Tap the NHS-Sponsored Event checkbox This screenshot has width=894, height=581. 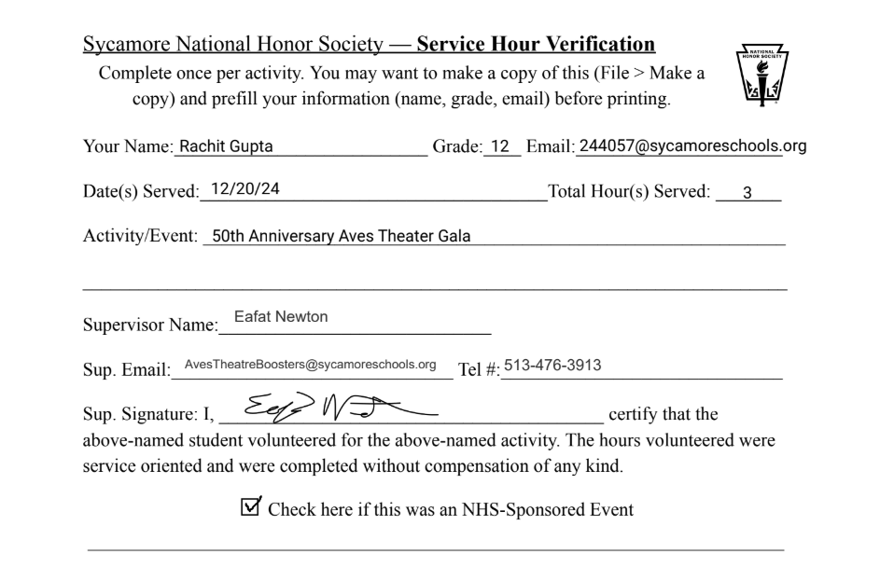tap(250, 507)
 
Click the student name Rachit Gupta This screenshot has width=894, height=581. tap(227, 146)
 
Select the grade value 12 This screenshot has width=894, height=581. tap(501, 146)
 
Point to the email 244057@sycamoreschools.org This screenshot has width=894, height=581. tap(692, 145)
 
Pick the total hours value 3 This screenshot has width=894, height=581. tap(746, 192)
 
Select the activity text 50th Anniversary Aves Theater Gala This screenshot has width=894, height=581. tap(341, 236)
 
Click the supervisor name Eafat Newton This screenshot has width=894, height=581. tap(281, 317)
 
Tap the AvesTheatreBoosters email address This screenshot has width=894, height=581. tap(311, 364)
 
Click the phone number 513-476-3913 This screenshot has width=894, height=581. tap(552, 364)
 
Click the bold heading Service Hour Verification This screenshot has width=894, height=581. tap(536, 44)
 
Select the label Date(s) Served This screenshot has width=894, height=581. tap(141, 192)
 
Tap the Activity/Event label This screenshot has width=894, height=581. tap(140, 237)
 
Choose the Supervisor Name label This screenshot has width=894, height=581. tap(148, 326)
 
